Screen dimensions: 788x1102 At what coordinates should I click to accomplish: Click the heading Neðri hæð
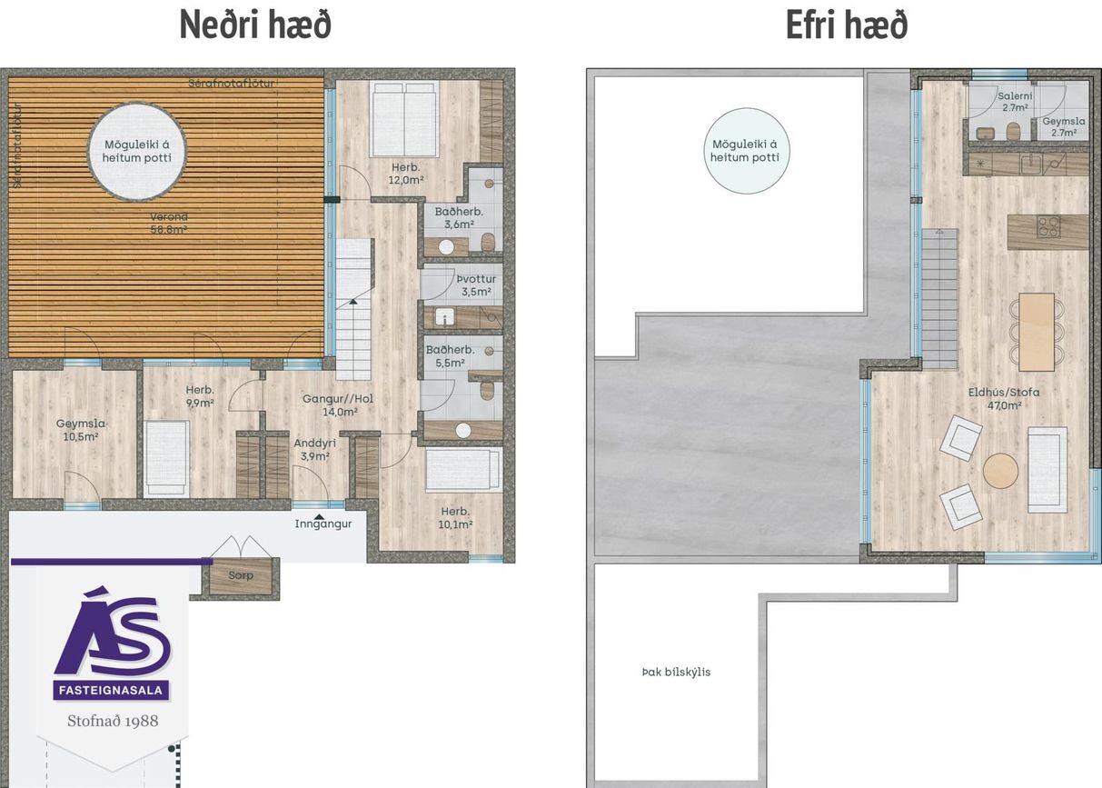pyautogui.click(x=255, y=25)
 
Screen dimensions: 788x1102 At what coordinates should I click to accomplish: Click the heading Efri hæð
pyautogui.click(x=846, y=25)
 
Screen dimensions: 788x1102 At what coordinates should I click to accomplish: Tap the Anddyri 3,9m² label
pyautogui.click(x=315, y=449)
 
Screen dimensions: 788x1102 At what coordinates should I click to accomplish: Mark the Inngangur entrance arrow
pyautogui.click(x=318, y=516)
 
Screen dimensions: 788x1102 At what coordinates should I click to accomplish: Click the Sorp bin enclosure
pyautogui.click(x=241, y=576)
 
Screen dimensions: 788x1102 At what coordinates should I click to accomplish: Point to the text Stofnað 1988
pyautogui.click(x=113, y=721)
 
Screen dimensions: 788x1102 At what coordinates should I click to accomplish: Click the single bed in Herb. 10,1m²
pyautogui.click(x=463, y=469)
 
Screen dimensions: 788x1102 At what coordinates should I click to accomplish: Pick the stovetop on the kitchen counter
pyautogui.click(x=1048, y=226)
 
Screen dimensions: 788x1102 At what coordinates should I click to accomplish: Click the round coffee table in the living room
pyautogui.click(x=1000, y=471)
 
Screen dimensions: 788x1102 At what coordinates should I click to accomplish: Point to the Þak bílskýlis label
pyautogui.click(x=675, y=673)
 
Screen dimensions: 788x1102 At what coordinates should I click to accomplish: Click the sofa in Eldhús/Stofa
pyautogui.click(x=1047, y=469)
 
